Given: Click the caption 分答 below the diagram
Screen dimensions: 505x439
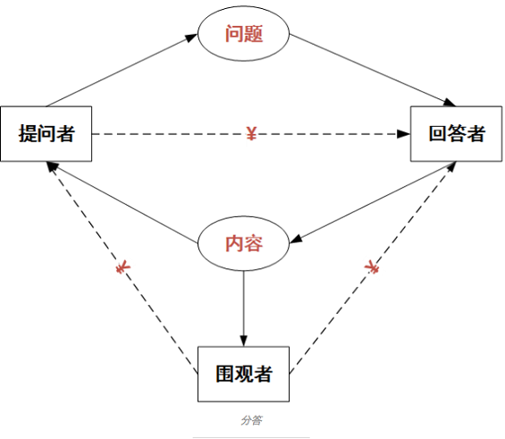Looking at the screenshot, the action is [x=251, y=420].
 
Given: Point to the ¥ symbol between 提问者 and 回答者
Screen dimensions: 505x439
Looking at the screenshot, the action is [x=251, y=133].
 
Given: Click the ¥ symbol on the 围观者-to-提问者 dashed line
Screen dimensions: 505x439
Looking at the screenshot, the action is [x=122, y=268].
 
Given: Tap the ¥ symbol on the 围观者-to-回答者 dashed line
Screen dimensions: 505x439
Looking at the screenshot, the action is [x=371, y=267].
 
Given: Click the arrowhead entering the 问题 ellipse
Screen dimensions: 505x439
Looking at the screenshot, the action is [x=191, y=38].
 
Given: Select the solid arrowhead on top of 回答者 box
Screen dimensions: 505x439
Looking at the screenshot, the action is [x=450, y=103].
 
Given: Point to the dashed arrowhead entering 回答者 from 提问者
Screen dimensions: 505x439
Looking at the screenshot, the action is [x=403, y=134].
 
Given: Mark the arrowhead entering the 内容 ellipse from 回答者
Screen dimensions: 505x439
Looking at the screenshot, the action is [x=297, y=239].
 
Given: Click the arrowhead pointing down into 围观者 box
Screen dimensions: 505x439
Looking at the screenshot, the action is [x=243, y=341].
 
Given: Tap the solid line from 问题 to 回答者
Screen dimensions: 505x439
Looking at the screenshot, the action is [x=373, y=71].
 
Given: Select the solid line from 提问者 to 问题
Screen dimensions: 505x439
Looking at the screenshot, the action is [x=122, y=71].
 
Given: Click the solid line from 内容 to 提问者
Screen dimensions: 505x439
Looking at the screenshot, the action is [x=122, y=202].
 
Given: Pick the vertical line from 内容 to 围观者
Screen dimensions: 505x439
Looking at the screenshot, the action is [x=243, y=308].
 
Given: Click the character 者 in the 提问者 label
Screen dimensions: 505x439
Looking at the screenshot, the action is [x=66, y=133].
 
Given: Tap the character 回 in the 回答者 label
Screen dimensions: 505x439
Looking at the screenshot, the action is [x=437, y=133].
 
